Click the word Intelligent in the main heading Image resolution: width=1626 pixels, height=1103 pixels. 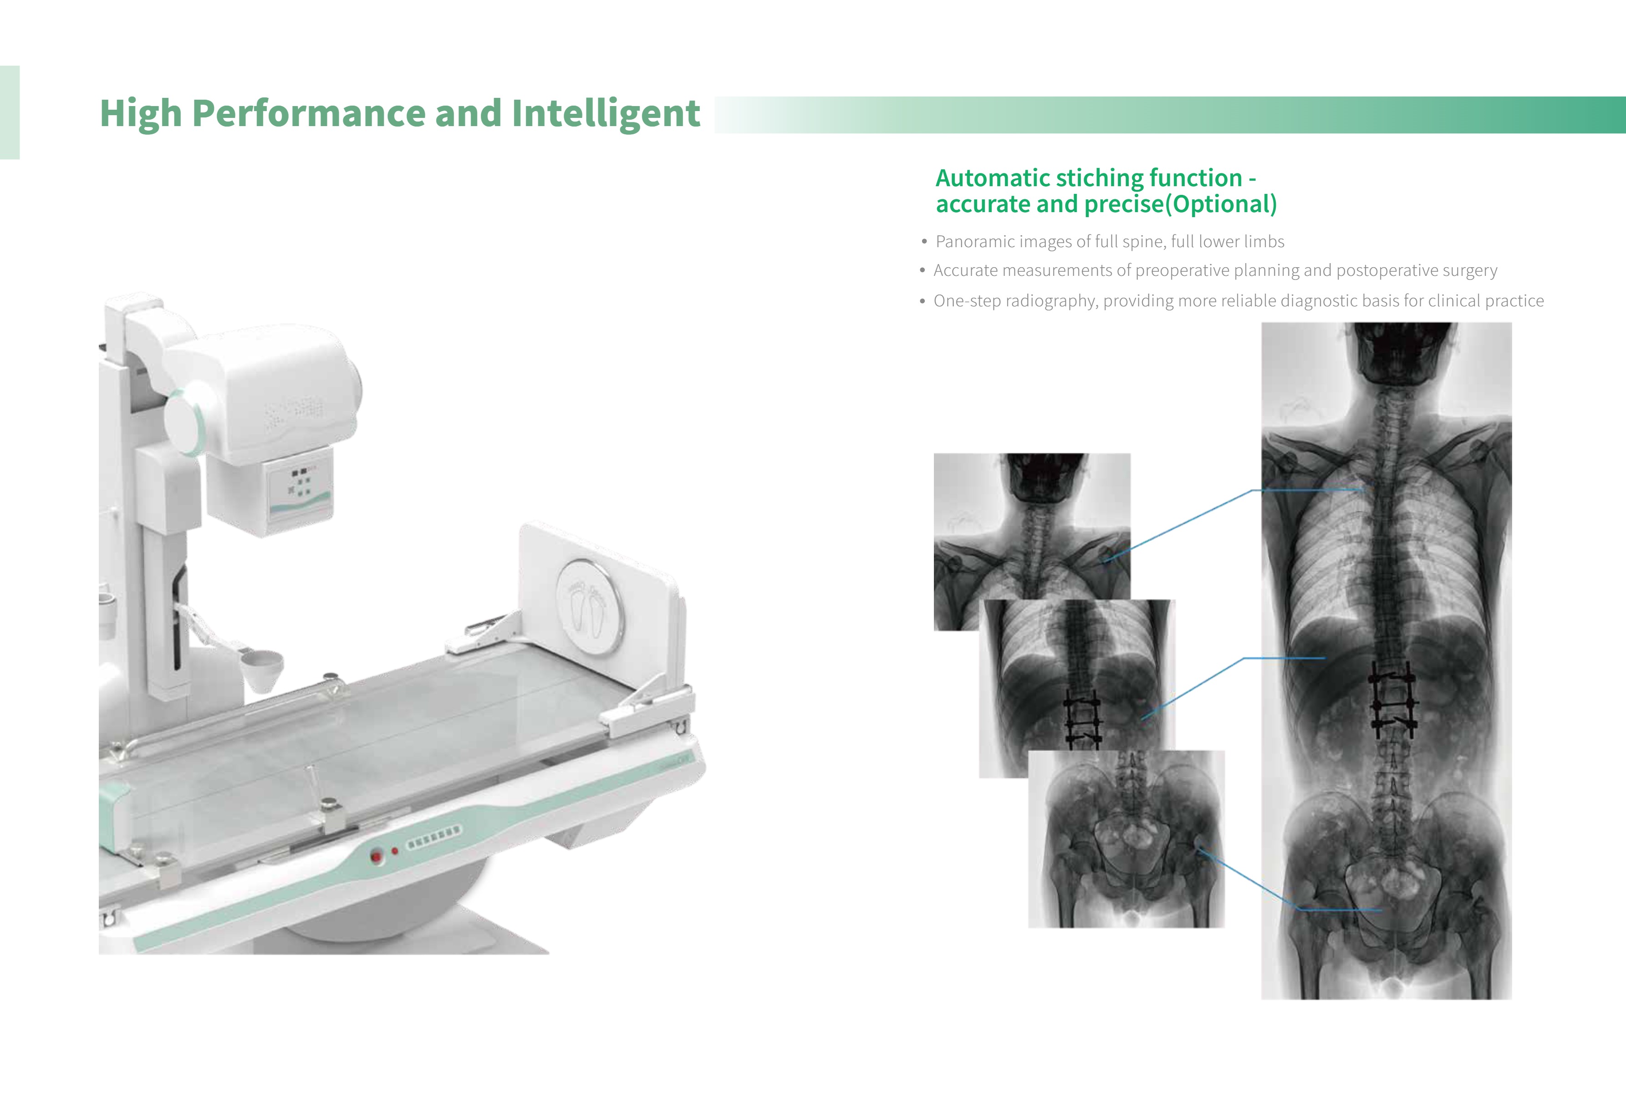click(x=605, y=113)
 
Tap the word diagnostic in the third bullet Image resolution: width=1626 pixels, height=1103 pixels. click(x=1323, y=301)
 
